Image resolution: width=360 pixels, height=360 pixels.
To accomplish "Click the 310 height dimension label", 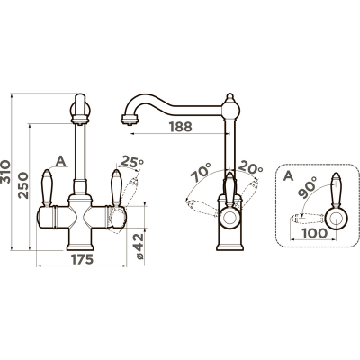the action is (x=5, y=172).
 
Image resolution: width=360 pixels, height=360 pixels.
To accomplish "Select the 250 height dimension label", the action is (x=23, y=185).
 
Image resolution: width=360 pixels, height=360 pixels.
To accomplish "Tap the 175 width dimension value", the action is (x=82, y=259).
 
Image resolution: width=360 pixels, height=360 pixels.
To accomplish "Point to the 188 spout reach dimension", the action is (x=180, y=127).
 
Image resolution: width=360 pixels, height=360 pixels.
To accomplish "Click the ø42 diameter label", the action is (x=139, y=247).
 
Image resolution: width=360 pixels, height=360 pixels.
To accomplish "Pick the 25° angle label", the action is (x=131, y=162).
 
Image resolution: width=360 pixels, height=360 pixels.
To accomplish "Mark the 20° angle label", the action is (x=251, y=168).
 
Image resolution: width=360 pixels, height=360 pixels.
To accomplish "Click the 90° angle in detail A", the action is (x=308, y=187).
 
